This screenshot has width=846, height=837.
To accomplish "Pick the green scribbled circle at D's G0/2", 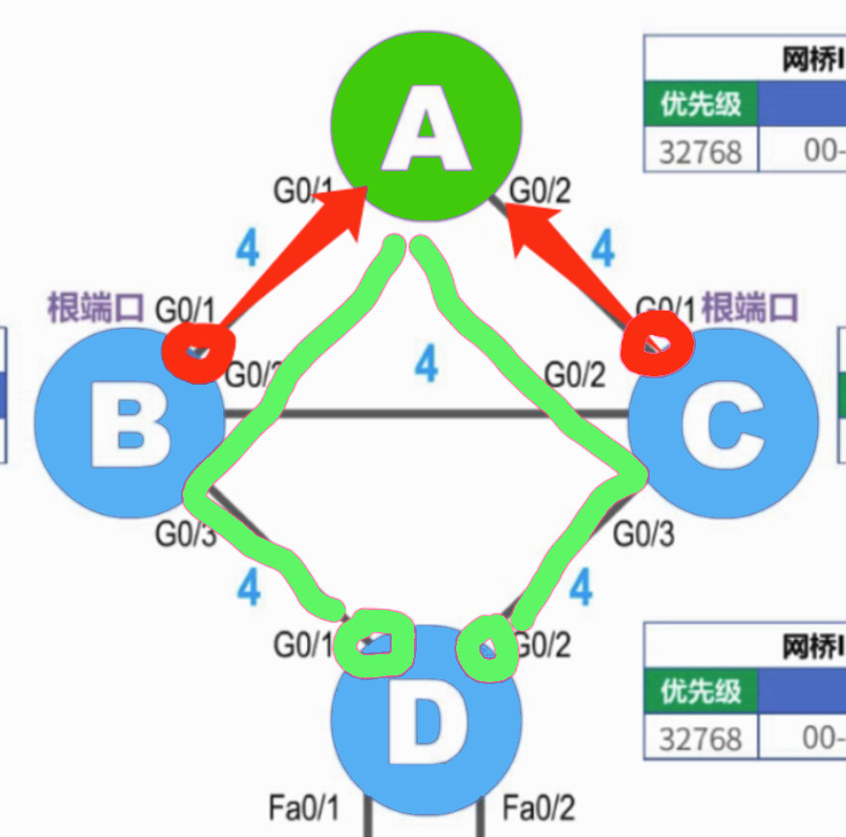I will tap(487, 648).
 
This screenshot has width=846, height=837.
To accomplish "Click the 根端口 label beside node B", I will tap(95, 308).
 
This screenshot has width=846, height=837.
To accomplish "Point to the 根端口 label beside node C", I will tap(750, 308).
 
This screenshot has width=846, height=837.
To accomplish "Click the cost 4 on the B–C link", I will tap(425, 365).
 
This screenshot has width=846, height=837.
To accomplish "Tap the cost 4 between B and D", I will tap(248, 587).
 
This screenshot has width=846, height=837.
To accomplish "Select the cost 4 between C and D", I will tap(580, 587).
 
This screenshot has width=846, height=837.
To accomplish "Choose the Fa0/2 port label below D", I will tap(538, 807).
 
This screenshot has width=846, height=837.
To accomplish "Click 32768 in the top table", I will tap(700, 152).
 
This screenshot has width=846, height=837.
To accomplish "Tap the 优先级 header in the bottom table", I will tap(700, 690).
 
